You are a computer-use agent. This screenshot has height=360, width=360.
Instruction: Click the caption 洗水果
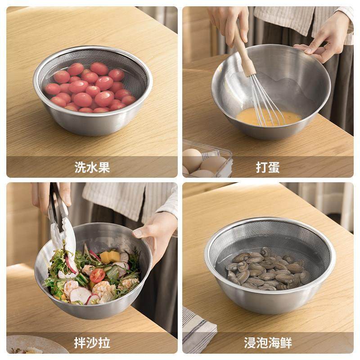pos(92,167)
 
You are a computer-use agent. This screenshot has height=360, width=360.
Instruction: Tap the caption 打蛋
pos(268,167)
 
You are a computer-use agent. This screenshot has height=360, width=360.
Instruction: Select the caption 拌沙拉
pos(92,343)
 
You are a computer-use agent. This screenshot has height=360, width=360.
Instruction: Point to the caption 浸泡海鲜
pos(268,343)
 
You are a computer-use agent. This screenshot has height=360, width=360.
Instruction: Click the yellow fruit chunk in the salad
pos(110,257)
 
